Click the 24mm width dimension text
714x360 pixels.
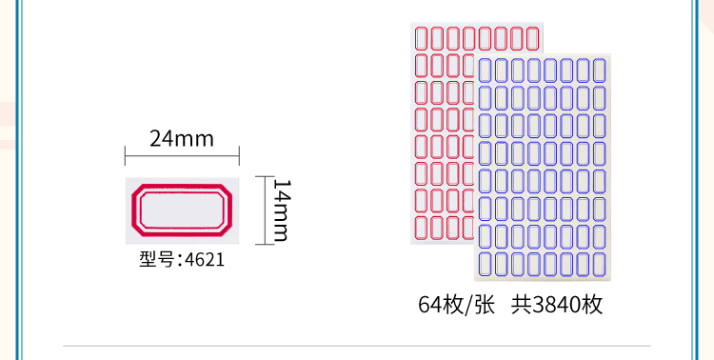(x=182, y=138)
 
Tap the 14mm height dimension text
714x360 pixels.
(x=282, y=210)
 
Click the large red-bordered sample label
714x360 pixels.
(x=182, y=210)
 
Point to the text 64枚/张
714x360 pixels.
(x=456, y=305)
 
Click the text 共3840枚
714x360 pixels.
(x=557, y=305)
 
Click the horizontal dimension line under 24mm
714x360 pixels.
(x=182, y=157)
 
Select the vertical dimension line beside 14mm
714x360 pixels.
(x=265, y=210)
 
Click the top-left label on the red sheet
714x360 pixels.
(x=421, y=39)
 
